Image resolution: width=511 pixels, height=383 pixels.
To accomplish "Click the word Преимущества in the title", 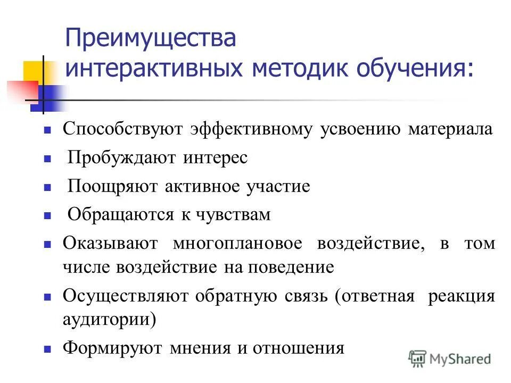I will [150, 40].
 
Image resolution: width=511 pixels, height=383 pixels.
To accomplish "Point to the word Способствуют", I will [123, 129].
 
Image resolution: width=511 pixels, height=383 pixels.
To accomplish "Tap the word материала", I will [450, 129].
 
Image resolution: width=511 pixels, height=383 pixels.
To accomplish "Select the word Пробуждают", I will [126, 158].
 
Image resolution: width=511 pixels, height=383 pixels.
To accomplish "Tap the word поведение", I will [290, 267].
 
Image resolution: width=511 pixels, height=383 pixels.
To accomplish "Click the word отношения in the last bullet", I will [299, 348].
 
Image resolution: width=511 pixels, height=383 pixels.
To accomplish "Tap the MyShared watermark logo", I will [449, 359].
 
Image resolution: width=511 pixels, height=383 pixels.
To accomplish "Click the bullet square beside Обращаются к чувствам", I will [47, 216].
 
